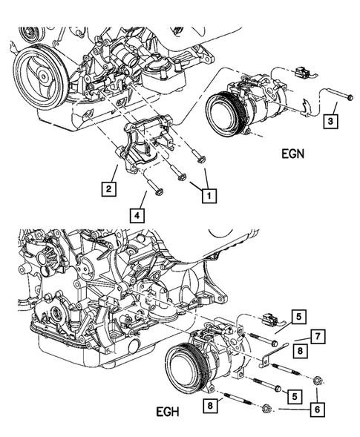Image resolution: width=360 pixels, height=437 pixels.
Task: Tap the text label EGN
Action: click(297, 156)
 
